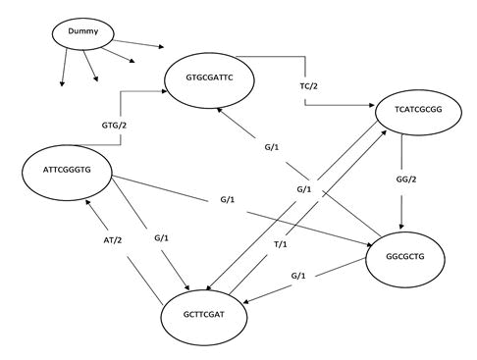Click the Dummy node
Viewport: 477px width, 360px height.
(x=83, y=34)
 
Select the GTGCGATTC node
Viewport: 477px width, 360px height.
(x=209, y=80)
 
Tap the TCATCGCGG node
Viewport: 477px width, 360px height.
(x=418, y=112)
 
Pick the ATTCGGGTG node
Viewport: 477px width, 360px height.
(x=67, y=173)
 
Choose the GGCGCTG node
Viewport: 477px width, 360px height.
(x=405, y=260)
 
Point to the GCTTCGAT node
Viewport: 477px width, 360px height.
(x=204, y=317)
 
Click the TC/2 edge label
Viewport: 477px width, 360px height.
(x=309, y=86)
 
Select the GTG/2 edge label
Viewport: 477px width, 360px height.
(x=114, y=126)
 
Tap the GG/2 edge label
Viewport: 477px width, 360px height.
(x=406, y=180)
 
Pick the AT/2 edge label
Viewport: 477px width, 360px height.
(x=113, y=240)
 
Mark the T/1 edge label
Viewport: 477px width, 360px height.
(x=281, y=244)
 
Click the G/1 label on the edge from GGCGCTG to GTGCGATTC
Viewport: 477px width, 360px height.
(x=272, y=147)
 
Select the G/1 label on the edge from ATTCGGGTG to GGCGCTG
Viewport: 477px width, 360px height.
(x=228, y=199)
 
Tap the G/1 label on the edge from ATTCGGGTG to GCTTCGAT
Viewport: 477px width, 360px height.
(x=161, y=238)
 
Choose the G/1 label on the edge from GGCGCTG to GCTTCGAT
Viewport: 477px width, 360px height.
(x=298, y=276)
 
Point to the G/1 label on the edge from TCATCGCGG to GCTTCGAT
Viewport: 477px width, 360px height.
(x=304, y=189)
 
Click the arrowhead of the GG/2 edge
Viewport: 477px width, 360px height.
(x=401, y=227)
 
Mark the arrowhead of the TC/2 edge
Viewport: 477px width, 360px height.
(x=372, y=105)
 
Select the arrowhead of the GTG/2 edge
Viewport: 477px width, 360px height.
(x=165, y=91)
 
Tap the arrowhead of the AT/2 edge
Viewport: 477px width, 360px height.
(x=87, y=202)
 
